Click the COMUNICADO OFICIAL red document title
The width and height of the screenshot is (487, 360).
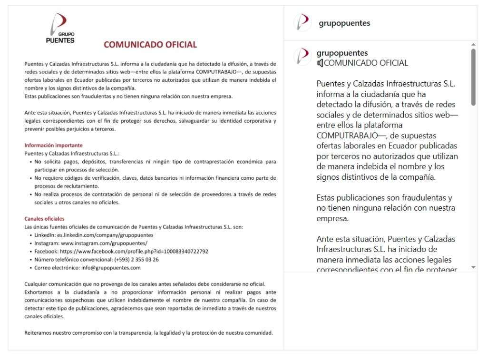(x=150, y=45)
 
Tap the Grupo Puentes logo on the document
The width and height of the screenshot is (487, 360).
(x=60, y=29)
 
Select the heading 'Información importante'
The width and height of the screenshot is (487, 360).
(x=53, y=145)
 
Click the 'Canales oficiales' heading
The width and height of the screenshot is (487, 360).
(x=44, y=219)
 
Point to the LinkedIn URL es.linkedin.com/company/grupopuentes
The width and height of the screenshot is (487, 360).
(x=105, y=235)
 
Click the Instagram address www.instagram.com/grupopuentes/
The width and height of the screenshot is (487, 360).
(x=104, y=243)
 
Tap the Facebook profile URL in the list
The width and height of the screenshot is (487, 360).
(x=134, y=251)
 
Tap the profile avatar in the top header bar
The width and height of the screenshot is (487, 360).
(x=302, y=23)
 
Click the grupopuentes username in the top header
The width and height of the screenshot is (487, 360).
(x=344, y=23)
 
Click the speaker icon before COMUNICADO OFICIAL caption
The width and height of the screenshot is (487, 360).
(x=320, y=63)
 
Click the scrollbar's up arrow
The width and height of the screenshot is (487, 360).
(x=473, y=44)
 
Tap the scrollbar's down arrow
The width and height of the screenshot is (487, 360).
(x=473, y=267)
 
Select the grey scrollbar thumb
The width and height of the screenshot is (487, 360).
(x=473, y=76)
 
